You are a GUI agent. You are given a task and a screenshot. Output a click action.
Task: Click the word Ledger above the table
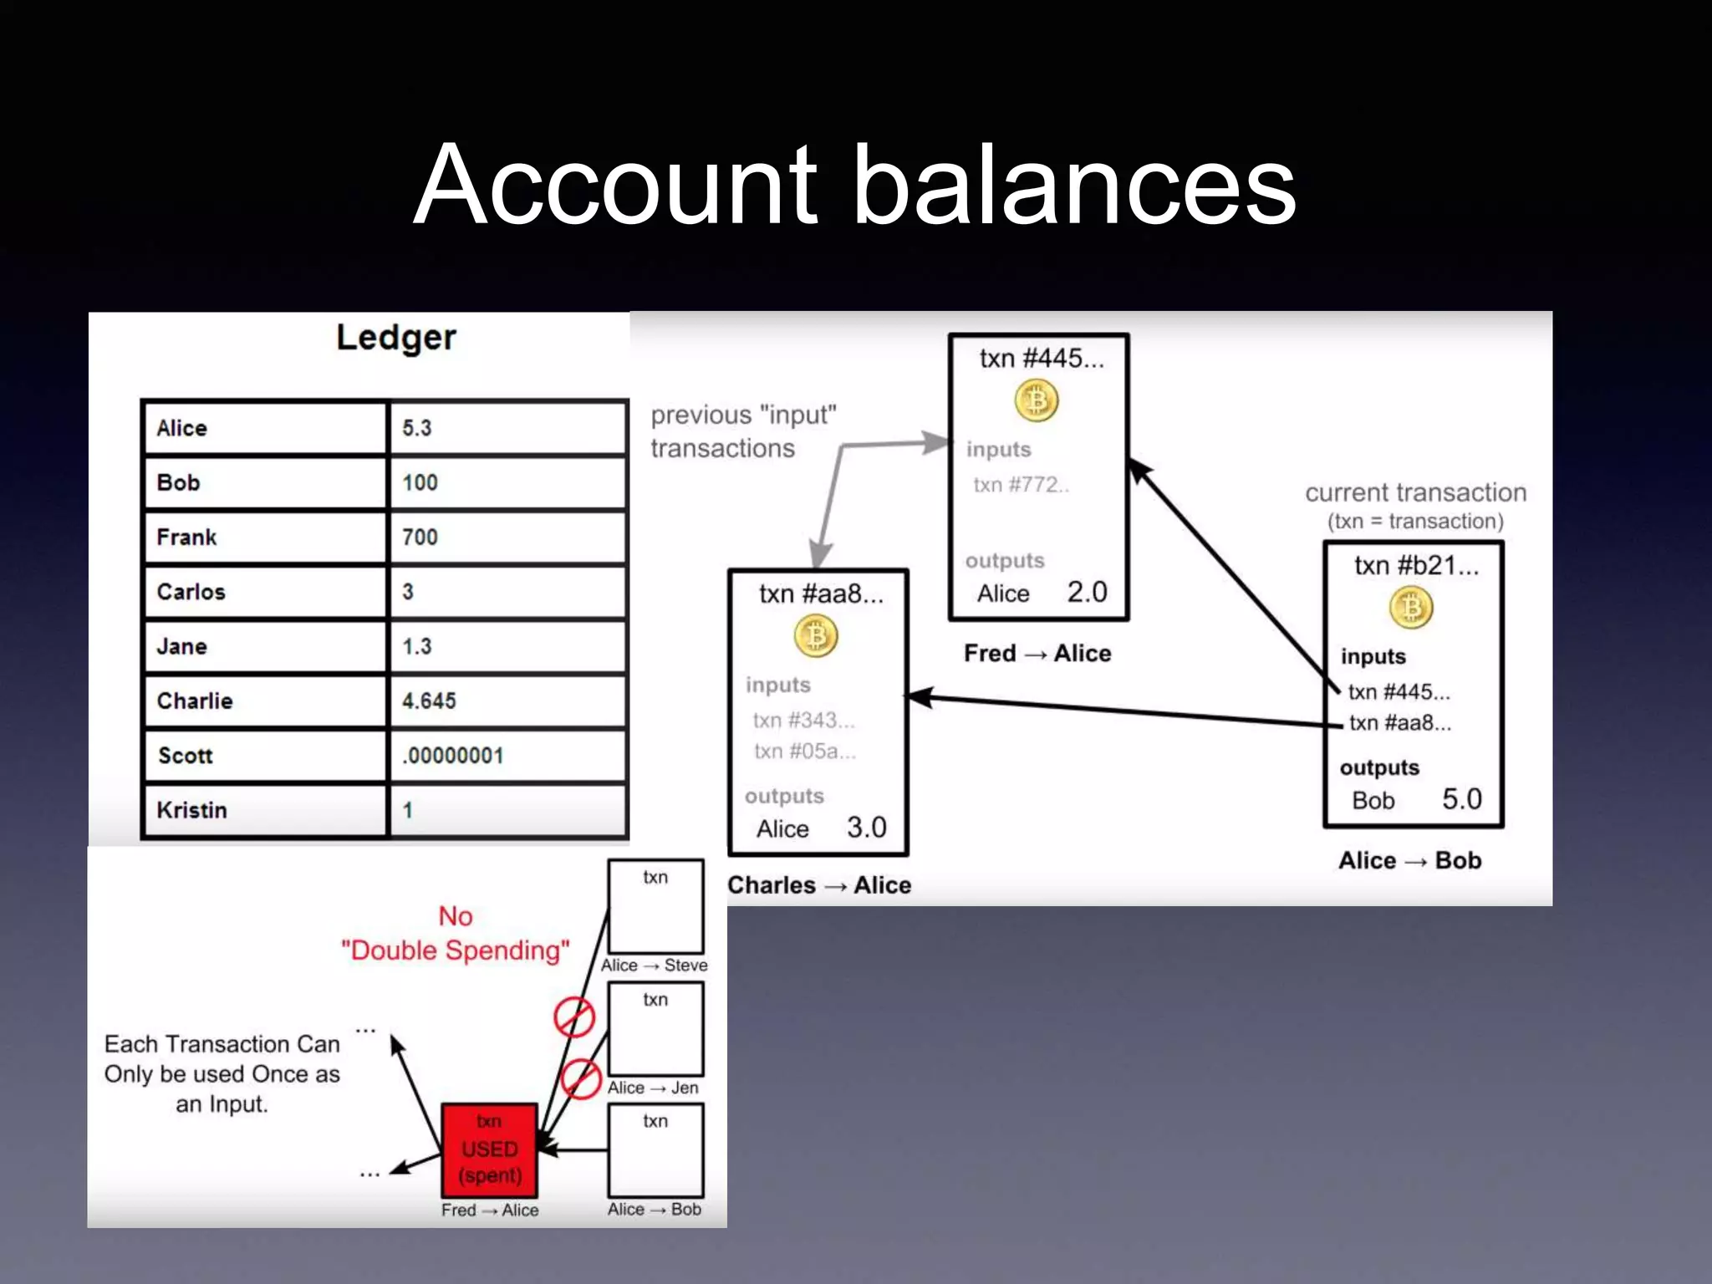coord(396,338)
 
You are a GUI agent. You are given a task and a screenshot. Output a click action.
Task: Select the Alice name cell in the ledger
coord(265,428)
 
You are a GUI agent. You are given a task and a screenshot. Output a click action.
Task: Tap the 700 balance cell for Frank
coord(507,537)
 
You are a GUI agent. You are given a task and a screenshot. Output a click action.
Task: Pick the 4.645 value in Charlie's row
coord(507,701)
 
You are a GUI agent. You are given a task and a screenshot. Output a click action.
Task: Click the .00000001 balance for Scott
coord(507,756)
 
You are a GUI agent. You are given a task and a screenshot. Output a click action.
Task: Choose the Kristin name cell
coord(265,810)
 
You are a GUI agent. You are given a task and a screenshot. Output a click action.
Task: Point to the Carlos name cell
coord(265,592)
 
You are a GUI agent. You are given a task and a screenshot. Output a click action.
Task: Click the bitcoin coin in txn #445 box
coord(1037,400)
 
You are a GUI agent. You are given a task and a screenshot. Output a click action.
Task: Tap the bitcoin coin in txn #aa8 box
coord(816,636)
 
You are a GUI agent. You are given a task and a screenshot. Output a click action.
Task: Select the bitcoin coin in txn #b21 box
coord(1411,608)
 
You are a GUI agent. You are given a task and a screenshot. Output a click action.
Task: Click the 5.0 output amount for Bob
coord(1461,799)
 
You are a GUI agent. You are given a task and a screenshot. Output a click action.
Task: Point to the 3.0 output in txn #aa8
coord(866,828)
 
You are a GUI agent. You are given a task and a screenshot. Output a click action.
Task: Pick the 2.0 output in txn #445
coord(1087,593)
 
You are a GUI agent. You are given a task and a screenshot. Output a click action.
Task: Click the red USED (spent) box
coord(489,1149)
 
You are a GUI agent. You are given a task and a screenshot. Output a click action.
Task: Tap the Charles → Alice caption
coord(819,885)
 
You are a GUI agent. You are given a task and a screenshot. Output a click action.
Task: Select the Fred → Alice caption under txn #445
coord(1037,653)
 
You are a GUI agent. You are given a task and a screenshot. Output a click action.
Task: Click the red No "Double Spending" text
coord(456,934)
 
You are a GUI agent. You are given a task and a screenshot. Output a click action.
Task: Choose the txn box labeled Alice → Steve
coord(655,907)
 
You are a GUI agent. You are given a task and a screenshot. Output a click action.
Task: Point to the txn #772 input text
coord(1021,485)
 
